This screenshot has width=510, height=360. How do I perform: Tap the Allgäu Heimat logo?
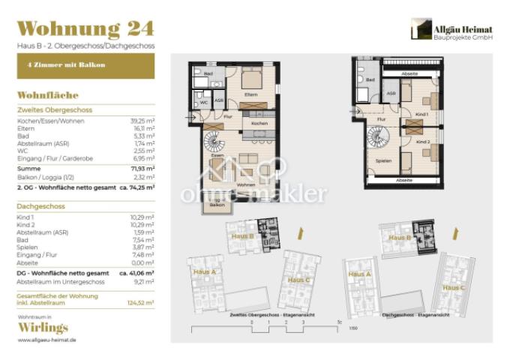click(451, 30)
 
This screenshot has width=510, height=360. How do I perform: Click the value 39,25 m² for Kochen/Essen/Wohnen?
click(142, 120)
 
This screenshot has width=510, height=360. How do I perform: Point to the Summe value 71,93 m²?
click(142, 169)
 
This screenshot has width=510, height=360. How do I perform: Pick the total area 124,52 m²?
click(141, 302)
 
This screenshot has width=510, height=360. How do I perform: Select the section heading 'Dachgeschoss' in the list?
click(41, 206)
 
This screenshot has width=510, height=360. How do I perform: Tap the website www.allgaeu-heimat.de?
click(46, 340)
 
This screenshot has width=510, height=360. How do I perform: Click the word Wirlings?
click(42, 328)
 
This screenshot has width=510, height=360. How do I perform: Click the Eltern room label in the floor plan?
click(251, 94)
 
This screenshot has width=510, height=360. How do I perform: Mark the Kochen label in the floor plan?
click(259, 123)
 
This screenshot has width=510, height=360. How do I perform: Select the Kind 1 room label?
click(421, 114)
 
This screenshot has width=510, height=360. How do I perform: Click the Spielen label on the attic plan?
click(383, 160)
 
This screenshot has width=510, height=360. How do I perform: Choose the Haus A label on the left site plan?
click(205, 271)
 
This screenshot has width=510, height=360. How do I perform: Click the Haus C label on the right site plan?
click(451, 288)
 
